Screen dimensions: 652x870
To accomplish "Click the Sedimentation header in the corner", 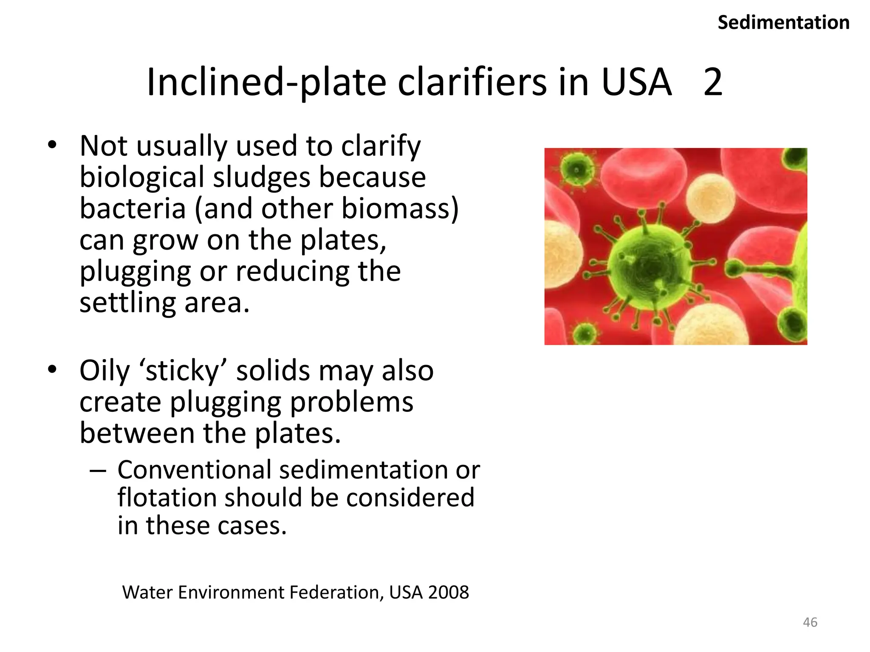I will (783, 22).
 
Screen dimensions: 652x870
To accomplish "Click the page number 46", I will (810, 622).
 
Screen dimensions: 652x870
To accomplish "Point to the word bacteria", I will (133, 209).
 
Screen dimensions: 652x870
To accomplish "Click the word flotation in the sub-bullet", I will (167, 497).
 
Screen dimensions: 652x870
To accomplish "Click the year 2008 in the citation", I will (448, 593).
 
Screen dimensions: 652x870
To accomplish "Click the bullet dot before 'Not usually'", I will (52, 145).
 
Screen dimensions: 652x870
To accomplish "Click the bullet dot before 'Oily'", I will (52, 369).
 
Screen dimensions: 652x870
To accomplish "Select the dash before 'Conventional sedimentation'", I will (98, 471).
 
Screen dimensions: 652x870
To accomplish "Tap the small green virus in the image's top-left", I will (576, 169).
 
